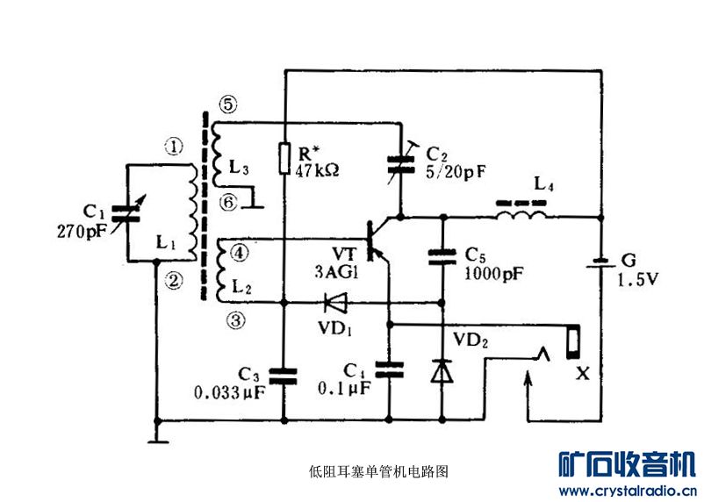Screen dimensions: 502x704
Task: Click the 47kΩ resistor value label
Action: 318,169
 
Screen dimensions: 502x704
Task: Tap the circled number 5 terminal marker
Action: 227,104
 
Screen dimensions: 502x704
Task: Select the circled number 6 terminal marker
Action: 227,202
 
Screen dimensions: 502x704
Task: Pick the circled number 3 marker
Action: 234,320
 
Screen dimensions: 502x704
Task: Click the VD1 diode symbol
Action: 334,304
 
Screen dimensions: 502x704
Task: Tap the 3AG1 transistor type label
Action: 338,272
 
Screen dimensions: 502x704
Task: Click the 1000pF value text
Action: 495,273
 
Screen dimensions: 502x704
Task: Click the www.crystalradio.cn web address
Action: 628,490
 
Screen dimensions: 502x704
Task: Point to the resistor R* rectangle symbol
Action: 284,157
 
